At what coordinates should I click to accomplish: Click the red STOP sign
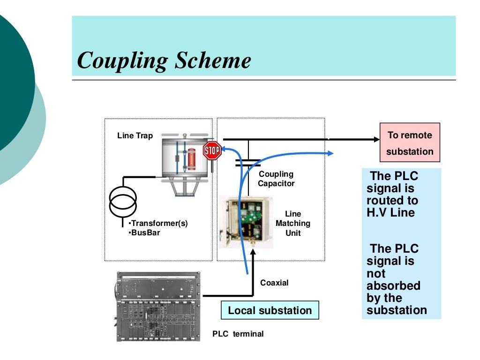pyautogui.click(x=212, y=150)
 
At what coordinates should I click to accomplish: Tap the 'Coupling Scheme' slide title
pyautogui.click(x=164, y=60)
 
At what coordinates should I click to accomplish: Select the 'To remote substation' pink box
pyautogui.click(x=410, y=142)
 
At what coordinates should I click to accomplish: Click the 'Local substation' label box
pyautogui.click(x=270, y=310)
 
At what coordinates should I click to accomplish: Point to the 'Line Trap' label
pyautogui.click(x=135, y=136)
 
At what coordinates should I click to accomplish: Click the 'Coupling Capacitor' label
pyautogui.click(x=276, y=179)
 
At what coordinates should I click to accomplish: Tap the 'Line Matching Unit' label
pyautogui.click(x=293, y=223)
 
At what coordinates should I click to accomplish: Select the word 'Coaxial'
pyautogui.click(x=274, y=283)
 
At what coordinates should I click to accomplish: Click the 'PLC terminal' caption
pyautogui.click(x=238, y=334)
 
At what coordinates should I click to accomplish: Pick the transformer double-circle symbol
pyautogui.click(x=123, y=200)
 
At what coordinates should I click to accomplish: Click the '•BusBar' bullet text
pyautogui.click(x=144, y=232)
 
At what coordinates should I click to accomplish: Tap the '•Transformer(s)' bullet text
pyautogui.click(x=158, y=223)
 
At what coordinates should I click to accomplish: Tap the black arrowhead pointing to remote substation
pyautogui.click(x=375, y=139)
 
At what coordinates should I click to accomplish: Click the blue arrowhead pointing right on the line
pyautogui.click(x=330, y=153)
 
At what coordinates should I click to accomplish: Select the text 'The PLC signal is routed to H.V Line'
pyautogui.click(x=393, y=194)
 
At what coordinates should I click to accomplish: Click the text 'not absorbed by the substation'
pyautogui.click(x=397, y=292)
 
